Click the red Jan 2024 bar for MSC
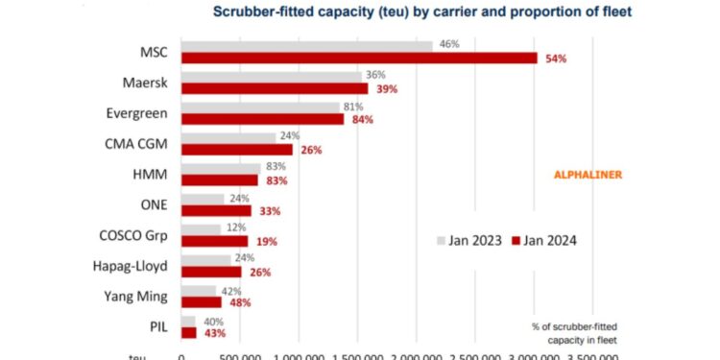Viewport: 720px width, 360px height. (x=359, y=58)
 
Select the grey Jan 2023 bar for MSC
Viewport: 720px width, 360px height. (x=307, y=45)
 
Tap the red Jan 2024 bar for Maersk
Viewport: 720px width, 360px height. (x=275, y=88)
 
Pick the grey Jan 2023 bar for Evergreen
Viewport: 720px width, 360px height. (x=260, y=107)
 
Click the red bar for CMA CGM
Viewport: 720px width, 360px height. (x=237, y=150)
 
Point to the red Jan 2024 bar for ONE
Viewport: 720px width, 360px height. (x=216, y=210)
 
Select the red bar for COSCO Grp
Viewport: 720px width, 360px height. (x=214, y=241)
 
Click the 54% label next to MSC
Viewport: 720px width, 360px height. (x=556, y=59)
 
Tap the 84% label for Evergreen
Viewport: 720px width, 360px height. (x=364, y=119)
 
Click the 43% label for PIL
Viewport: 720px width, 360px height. (x=217, y=333)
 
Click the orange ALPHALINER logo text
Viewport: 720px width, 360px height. (x=589, y=175)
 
